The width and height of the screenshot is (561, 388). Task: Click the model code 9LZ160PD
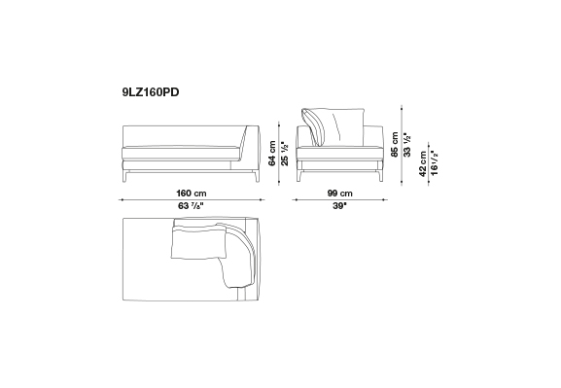[151, 92]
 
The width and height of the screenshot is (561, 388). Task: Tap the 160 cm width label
[192, 194]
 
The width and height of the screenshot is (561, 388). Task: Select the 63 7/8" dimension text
[192, 206]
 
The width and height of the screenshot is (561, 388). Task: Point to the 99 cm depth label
[339, 194]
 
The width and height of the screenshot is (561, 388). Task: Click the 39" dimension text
[340, 206]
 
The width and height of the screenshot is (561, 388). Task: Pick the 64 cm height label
[272, 153]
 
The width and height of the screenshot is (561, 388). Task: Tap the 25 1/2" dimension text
[285, 153]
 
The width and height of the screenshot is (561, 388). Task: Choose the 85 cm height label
[395, 144]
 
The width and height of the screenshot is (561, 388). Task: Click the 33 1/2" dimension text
[407, 144]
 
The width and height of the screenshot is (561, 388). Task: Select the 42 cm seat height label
[423, 164]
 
